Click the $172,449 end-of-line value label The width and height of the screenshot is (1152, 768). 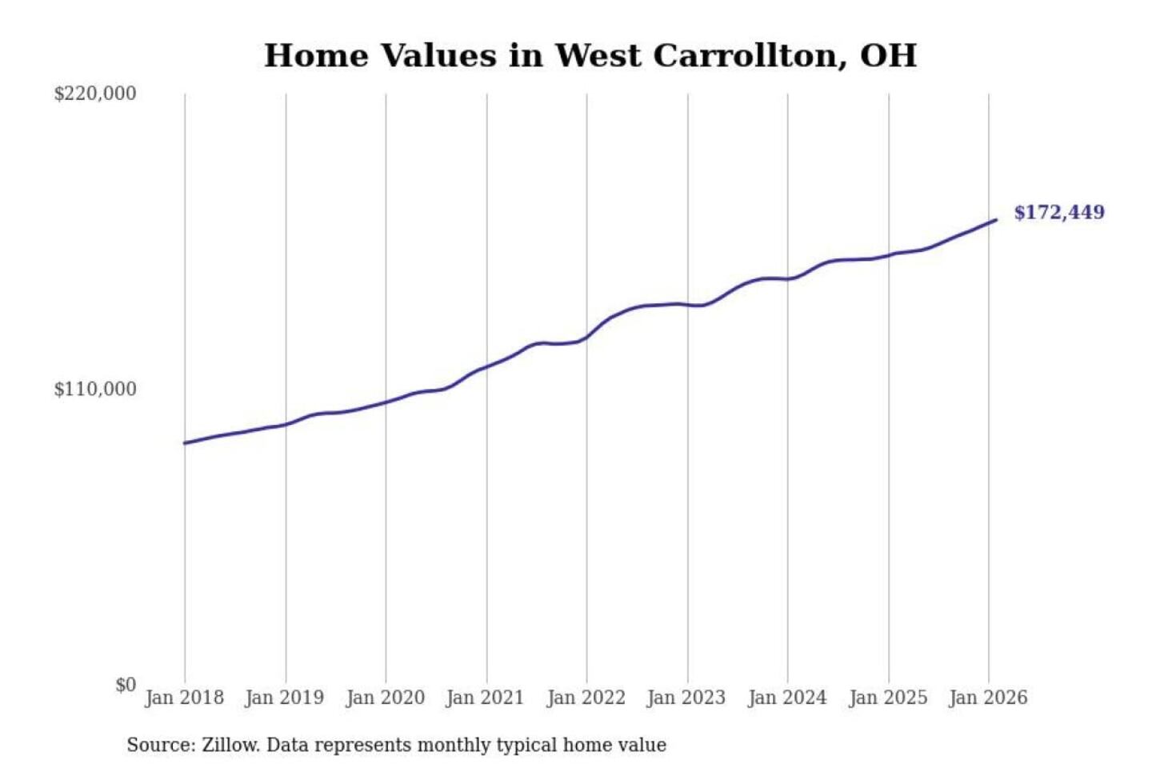(x=1058, y=213)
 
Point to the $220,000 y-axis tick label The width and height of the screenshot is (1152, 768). (x=95, y=94)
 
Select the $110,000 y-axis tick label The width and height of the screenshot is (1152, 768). (x=95, y=390)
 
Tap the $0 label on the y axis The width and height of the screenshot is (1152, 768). (x=126, y=685)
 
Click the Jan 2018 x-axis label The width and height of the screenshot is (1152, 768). (x=184, y=698)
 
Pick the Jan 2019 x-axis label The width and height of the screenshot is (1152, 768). (x=284, y=698)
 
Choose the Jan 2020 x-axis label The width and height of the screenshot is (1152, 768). (x=385, y=698)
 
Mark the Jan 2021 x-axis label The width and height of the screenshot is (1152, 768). (x=485, y=698)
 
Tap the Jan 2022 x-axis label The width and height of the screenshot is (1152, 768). (x=586, y=698)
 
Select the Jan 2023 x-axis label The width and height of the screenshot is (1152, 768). (x=686, y=698)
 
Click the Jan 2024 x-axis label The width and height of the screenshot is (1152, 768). (x=786, y=698)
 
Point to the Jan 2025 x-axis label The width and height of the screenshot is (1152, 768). (x=887, y=698)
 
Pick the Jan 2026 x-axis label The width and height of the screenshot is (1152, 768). (x=988, y=698)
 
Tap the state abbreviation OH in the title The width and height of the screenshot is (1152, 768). (x=888, y=56)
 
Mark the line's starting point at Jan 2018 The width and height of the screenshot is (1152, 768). (x=185, y=442)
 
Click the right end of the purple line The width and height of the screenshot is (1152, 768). (x=996, y=219)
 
